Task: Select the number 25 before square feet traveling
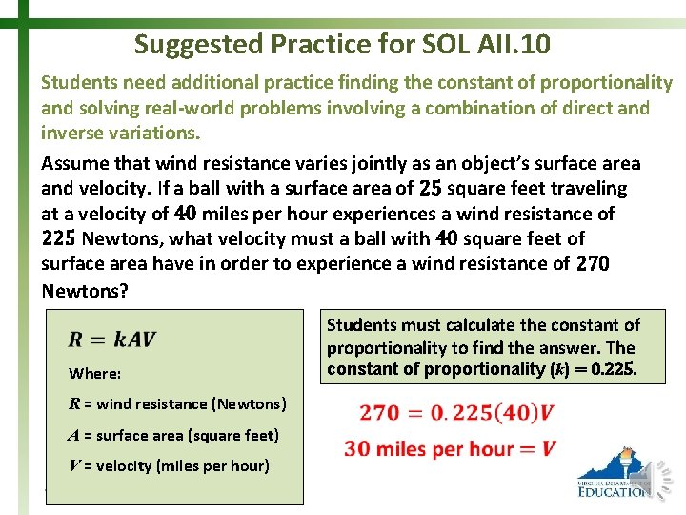(x=431, y=188)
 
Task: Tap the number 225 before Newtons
(x=59, y=237)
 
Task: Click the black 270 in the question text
(x=593, y=263)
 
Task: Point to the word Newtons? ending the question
(x=84, y=288)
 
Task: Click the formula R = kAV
(x=112, y=339)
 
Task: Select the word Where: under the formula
(x=94, y=373)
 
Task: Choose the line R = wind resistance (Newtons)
(x=177, y=403)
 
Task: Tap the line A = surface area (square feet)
(x=173, y=435)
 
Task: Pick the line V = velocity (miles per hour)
(x=169, y=465)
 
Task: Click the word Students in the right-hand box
(x=364, y=325)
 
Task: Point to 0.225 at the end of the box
(x=614, y=368)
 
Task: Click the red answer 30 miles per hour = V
(x=450, y=448)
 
